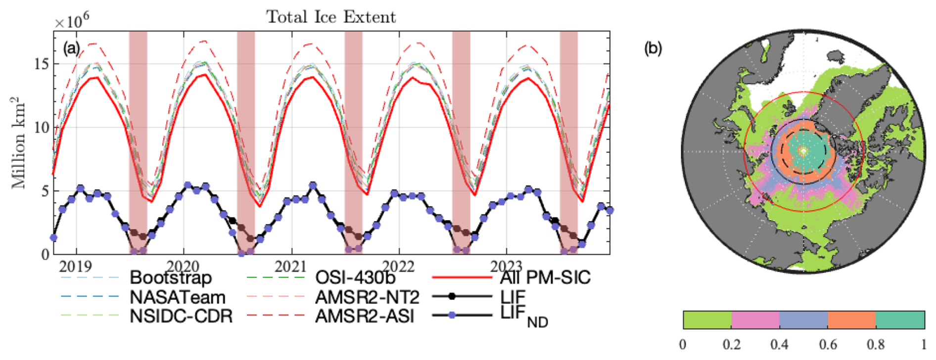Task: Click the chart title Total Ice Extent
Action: [x=331, y=17]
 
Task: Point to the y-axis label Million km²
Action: [x=19, y=143]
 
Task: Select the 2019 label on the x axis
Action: [x=75, y=267]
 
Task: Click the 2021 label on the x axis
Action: [x=290, y=267]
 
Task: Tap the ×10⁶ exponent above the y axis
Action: [x=72, y=22]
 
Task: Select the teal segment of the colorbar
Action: [x=900, y=320]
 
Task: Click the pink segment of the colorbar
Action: [x=755, y=320]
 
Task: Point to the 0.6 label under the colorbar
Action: [x=827, y=345]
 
